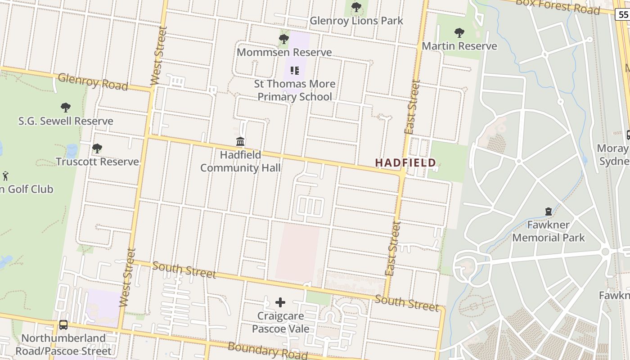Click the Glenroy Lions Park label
click(356, 21)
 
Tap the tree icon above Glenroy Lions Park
click(356, 7)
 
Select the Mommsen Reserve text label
click(284, 52)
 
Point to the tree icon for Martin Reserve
click(459, 32)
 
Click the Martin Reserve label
click(459, 46)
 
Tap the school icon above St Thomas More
click(295, 70)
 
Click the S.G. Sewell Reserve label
click(66, 121)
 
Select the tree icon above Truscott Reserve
click(97, 148)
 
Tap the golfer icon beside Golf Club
click(5, 175)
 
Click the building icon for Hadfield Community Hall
click(240, 142)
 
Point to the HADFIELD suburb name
click(405, 162)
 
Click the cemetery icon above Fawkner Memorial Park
click(548, 211)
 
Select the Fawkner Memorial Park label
click(548, 231)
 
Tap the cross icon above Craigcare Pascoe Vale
click(280, 302)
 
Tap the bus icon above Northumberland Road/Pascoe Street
click(63, 324)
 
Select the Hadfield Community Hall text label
click(240, 162)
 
